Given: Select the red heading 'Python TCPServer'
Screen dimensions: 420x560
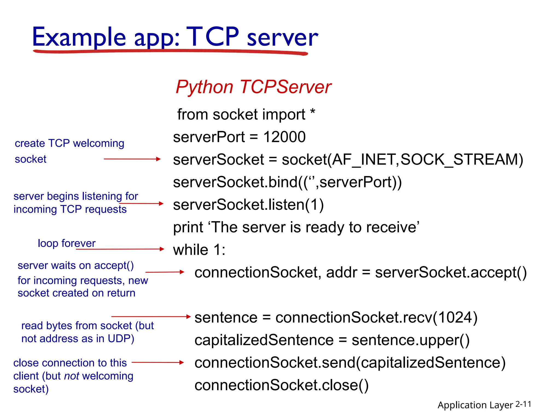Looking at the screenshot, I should coord(253,87).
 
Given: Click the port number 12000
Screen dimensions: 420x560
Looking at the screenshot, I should coord(284,137).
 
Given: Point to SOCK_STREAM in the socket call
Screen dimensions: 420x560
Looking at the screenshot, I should coord(462,159).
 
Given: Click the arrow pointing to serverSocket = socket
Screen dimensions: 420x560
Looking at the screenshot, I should coord(132,159).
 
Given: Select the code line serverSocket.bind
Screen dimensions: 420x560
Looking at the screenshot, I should coord(287,182).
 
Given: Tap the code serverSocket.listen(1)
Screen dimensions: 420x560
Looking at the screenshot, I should coord(248,205).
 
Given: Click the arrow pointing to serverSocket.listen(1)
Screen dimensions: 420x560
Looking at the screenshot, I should coord(141,203).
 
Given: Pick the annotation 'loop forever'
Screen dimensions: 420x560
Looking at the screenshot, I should coord(66,243).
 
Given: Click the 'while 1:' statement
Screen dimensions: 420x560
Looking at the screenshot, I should coord(199,250).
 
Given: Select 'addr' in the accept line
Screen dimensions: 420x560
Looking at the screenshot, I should coord(342,273).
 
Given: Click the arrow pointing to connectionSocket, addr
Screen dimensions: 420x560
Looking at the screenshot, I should coord(165,272).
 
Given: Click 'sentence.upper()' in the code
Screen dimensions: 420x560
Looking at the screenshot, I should coord(410,340).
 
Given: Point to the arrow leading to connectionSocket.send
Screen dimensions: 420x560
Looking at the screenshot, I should coord(158,362).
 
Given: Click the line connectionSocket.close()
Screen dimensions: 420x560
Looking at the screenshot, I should coord(281,385).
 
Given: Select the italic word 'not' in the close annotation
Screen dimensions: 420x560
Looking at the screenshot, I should coord(72,376).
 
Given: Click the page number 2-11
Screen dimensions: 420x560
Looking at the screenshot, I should coord(523,404).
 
